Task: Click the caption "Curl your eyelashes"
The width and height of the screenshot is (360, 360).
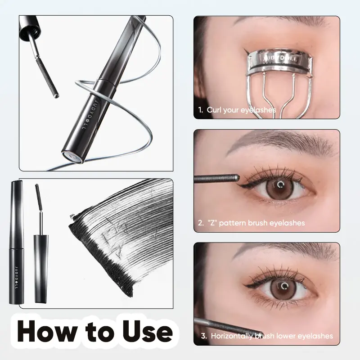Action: pyautogui.click(x=241, y=109)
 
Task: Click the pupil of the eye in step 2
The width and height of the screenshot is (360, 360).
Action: pyautogui.click(x=279, y=184)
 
